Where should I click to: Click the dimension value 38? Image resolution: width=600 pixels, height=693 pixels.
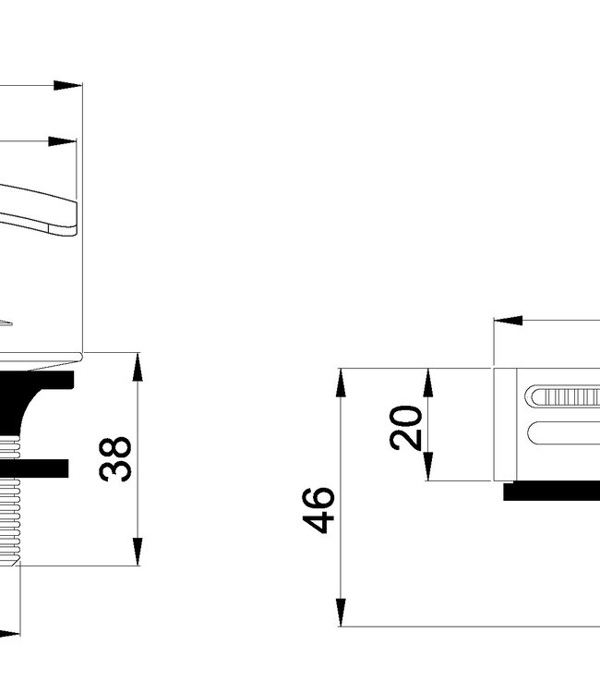(x=116, y=459)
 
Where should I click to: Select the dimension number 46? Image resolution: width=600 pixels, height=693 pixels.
(x=319, y=509)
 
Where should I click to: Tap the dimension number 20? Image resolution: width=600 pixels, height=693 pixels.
(x=406, y=426)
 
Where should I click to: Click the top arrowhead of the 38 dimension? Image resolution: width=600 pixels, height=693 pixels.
(x=137, y=367)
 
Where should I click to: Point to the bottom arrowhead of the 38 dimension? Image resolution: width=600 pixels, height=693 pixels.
(x=137, y=551)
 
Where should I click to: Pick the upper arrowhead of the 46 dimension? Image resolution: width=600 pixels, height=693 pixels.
(x=341, y=383)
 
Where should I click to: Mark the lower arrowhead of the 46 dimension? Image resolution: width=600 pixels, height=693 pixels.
(x=341, y=612)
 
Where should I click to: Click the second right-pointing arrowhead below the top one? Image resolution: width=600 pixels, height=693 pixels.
(x=63, y=141)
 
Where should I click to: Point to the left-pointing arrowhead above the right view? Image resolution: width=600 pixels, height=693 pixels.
(x=508, y=321)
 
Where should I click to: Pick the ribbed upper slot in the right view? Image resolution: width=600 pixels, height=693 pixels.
(x=563, y=397)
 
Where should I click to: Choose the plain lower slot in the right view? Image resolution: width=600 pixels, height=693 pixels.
(x=563, y=432)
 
